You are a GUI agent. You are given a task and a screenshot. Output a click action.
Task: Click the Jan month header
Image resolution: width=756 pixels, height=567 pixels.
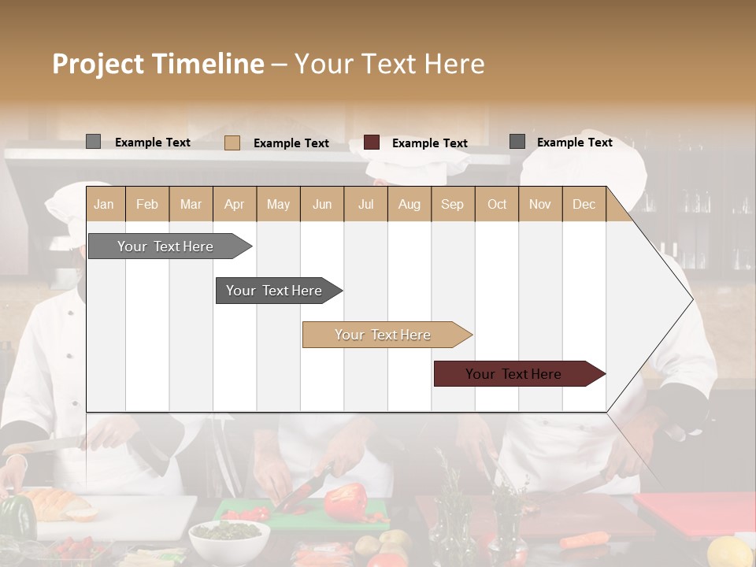click(105, 204)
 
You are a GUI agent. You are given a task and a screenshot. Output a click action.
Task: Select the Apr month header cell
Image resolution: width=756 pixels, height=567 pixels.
click(235, 204)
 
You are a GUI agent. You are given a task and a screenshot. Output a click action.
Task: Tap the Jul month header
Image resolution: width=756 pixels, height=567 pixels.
click(365, 204)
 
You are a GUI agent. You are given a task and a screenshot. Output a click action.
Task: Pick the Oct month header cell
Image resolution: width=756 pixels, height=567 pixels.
click(497, 204)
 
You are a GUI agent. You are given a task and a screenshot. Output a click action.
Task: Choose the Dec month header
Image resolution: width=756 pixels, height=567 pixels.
click(584, 204)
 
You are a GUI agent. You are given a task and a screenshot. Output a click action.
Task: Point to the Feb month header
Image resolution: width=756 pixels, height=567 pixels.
click(147, 204)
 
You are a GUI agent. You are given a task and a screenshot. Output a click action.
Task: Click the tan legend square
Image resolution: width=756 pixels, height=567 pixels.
click(232, 143)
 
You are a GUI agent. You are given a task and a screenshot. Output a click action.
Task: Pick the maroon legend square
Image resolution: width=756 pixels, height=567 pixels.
click(372, 142)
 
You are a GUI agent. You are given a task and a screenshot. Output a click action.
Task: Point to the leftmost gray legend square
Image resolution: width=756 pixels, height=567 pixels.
click(93, 142)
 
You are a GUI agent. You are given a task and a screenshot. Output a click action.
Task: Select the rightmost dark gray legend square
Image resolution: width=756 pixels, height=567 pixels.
click(517, 142)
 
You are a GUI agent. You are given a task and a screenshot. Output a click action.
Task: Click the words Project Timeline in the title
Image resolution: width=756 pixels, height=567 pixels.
click(158, 64)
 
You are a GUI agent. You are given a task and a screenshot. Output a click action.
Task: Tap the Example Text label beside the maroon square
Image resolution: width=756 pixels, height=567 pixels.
click(430, 143)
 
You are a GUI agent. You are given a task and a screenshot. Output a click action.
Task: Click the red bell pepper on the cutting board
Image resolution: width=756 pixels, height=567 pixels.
click(347, 502)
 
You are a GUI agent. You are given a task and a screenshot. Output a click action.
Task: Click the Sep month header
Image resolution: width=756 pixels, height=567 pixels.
click(452, 204)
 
